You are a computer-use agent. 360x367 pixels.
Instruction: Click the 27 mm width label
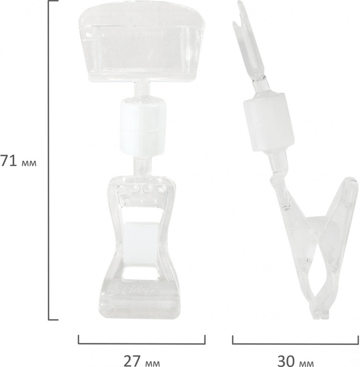pos(142,361)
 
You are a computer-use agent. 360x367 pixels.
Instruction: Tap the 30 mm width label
pos(296,361)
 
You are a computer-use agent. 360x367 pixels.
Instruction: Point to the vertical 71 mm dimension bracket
pos(49,160)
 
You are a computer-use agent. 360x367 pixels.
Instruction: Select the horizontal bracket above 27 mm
pos(142,344)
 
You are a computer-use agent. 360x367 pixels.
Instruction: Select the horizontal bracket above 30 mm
pos(295,344)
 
